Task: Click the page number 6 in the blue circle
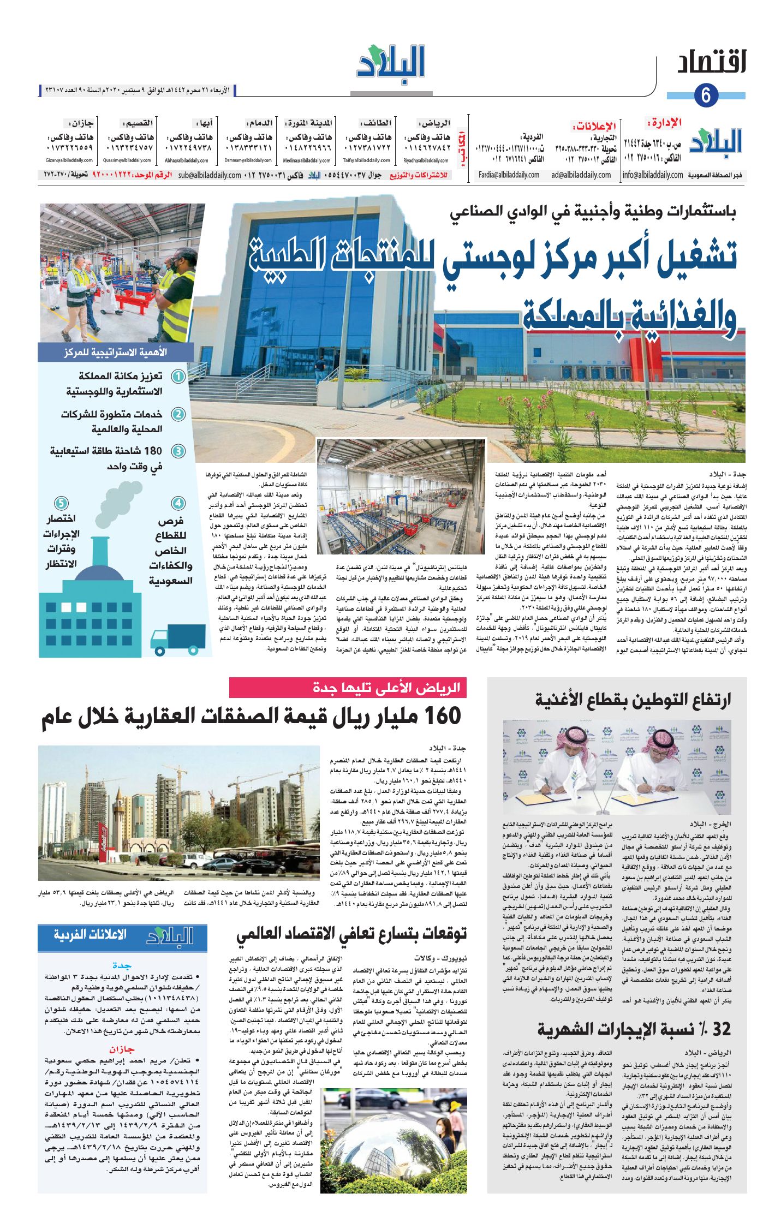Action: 706,96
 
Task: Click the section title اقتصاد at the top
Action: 712,63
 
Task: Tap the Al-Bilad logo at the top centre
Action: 391,63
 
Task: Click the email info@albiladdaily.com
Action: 652,175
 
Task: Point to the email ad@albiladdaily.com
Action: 581,175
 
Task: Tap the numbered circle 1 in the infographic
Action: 178,377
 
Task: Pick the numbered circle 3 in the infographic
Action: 178,451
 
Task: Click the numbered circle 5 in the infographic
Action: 61,503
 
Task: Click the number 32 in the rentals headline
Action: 720,1030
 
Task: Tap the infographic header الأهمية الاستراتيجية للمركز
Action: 116,353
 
